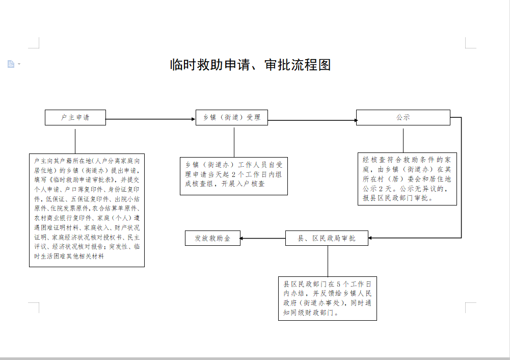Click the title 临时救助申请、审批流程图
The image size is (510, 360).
(250, 65)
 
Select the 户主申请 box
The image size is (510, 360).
(75, 117)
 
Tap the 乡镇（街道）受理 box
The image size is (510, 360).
(232, 117)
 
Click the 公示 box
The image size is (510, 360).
(403, 117)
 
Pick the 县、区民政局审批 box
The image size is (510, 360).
(327, 238)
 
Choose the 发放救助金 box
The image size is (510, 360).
(212, 238)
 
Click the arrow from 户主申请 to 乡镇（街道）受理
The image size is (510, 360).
(151, 119)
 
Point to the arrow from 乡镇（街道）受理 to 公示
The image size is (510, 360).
(312, 121)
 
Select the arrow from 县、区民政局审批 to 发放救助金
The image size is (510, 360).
(262, 238)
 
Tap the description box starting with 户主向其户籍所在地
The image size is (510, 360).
(87, 210)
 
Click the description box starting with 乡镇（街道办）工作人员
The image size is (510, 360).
(234, 175)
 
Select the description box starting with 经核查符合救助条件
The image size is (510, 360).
(407, 179)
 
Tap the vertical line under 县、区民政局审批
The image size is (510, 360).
(328, 261)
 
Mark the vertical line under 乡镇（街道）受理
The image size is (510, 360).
(234, 141)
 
